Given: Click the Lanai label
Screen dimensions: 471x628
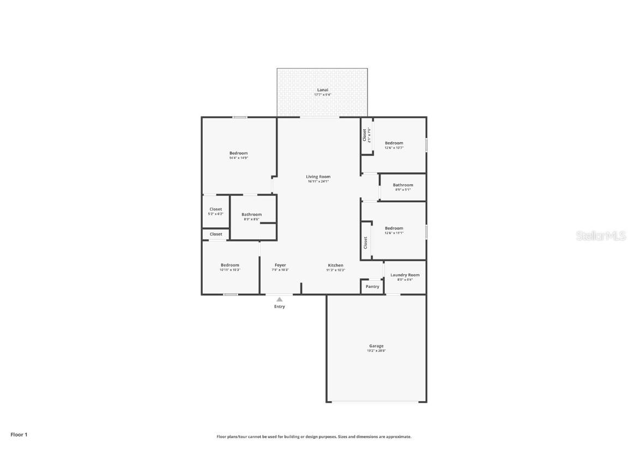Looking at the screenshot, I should tap(323, 90).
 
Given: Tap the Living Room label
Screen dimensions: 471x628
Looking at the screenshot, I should tap(318, 177).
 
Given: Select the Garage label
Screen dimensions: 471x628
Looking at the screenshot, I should tap(376, 346).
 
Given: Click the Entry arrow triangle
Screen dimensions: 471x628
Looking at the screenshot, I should tap(279, 299).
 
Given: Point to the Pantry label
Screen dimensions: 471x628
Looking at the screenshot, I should tap(372, 287).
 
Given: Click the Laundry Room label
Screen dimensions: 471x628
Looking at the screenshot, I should tap(404, 275).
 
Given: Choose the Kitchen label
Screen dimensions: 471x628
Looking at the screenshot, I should tap(335, 265).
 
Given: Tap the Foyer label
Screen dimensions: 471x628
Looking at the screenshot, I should tap(280, 265).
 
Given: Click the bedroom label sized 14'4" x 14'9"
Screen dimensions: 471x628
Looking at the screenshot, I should tap(238, 153).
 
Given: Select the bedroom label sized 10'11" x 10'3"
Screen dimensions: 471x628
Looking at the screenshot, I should tap(230, 265).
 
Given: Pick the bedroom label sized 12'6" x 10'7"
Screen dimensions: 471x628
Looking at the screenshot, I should tap(394, 143).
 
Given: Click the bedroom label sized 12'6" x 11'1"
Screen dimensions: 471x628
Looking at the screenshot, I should tap(394, 228).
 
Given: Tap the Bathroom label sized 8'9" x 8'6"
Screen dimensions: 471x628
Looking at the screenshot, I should tap(251, 214).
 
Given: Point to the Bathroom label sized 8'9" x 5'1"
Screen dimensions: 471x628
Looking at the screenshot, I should tap(403, 185).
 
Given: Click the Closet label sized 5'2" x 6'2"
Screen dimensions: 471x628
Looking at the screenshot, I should tap(215, 209).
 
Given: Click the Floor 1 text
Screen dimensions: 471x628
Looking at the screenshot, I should tap(19, 434).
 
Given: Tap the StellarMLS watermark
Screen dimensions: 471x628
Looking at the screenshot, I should tap(601, 236).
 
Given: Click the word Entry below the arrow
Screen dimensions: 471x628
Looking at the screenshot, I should tap(279, 306).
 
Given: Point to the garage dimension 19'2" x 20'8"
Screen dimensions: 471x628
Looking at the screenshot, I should tap(376, 351).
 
